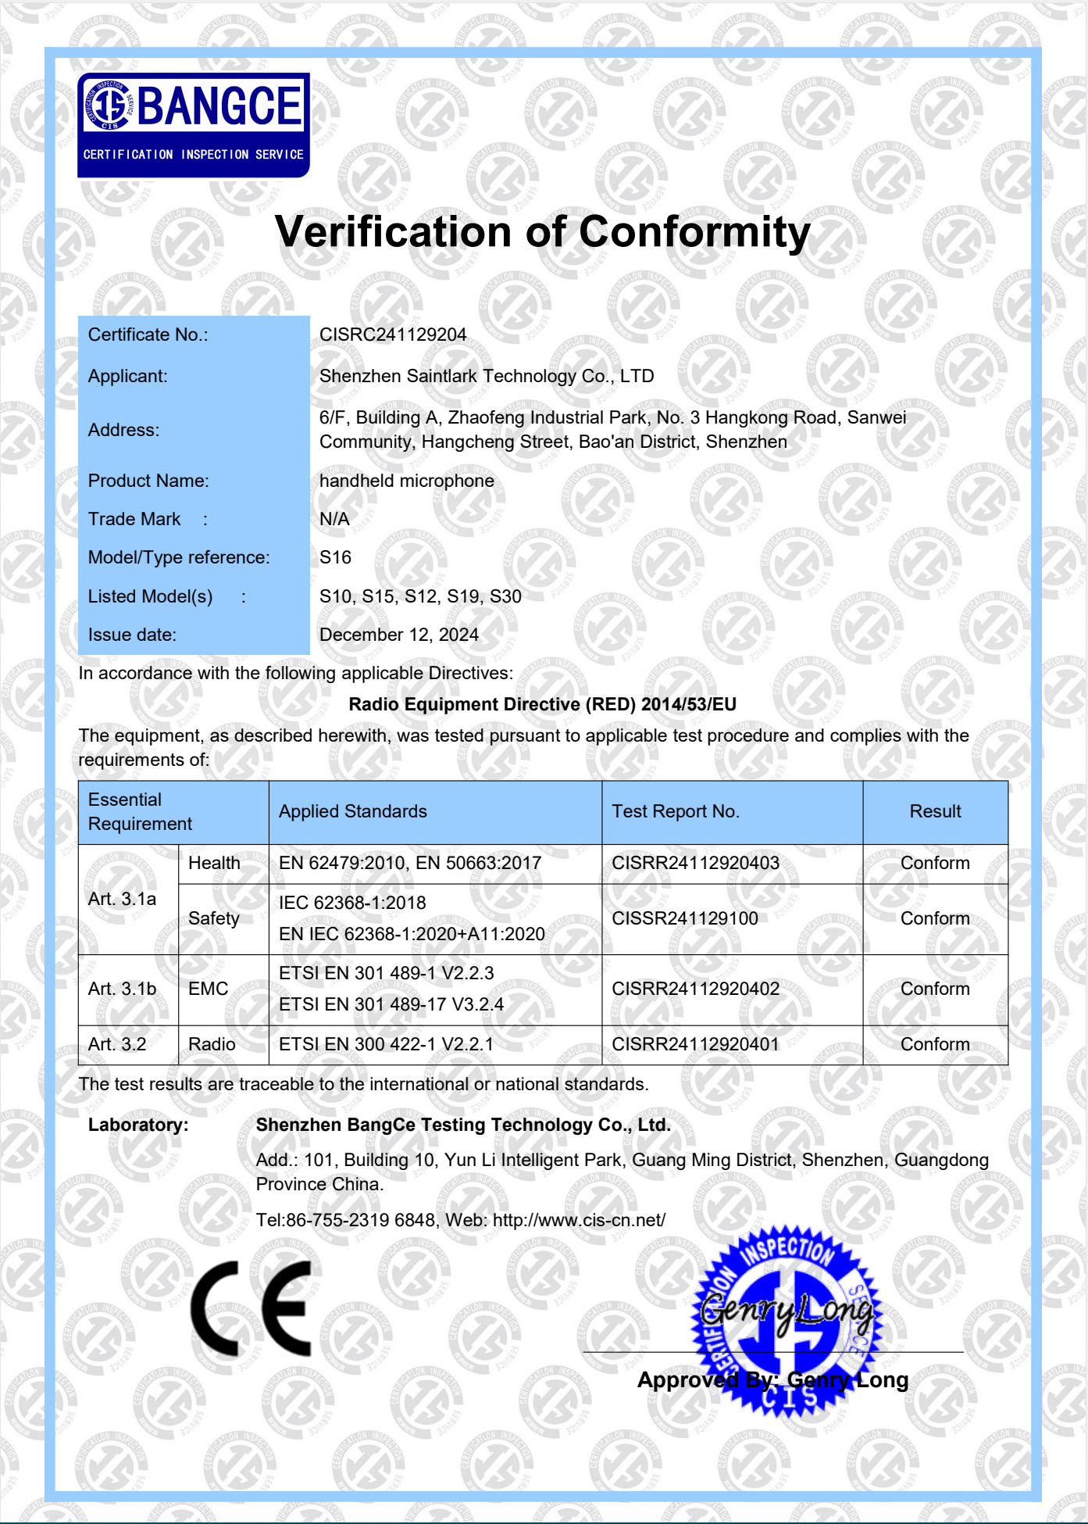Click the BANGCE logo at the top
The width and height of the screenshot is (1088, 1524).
193,124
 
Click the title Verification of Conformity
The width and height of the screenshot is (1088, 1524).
543,232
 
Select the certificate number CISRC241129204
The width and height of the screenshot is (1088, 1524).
393,334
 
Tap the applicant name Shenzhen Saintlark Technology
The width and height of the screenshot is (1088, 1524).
487,376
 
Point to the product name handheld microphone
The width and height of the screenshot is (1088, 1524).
407,481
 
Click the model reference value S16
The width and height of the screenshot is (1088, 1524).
335,557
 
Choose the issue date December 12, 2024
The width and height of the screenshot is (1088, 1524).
399,635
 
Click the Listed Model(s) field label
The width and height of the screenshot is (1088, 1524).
150,596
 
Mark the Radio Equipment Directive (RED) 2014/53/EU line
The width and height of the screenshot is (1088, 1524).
542,704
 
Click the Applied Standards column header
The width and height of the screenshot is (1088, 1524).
353,811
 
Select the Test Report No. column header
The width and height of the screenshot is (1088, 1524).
676,811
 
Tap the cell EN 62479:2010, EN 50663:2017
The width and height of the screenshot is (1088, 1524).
410,863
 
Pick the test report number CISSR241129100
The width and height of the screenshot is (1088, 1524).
685,918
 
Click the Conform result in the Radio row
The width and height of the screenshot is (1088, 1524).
935,1044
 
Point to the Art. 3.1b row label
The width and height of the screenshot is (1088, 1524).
122,989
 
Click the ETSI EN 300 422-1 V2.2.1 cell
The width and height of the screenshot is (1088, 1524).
386,1044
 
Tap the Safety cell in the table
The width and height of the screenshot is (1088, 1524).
214,918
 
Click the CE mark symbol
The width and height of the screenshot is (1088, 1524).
251,1308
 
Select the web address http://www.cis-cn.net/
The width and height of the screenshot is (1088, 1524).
579,1220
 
